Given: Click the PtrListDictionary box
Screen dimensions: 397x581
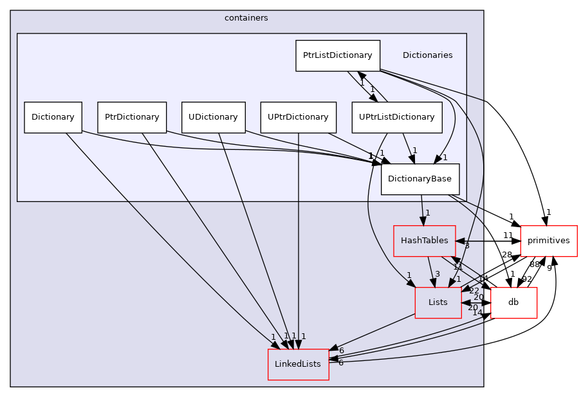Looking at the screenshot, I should (338, 55).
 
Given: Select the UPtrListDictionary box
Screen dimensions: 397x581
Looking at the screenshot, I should (396, 117).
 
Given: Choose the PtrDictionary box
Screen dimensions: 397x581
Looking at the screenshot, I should (132, 117).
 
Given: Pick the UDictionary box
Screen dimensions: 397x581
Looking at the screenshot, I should (213, 117).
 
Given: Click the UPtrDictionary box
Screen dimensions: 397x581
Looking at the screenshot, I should (298, 117).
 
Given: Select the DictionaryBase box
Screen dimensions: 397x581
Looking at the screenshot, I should (420, 178).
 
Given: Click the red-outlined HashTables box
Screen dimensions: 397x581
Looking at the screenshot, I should (424, 241).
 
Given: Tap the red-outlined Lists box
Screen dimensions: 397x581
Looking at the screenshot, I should (438, 302).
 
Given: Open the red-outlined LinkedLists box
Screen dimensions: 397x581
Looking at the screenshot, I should (298, 364).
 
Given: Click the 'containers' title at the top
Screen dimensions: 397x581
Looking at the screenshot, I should (246, 18).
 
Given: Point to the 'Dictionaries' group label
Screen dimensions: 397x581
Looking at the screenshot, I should (427, 55).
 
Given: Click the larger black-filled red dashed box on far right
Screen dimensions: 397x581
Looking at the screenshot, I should (548, 241).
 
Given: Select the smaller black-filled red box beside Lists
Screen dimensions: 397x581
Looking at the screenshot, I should (513, 303).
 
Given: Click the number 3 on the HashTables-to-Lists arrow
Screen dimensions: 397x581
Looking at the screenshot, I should (437, 275).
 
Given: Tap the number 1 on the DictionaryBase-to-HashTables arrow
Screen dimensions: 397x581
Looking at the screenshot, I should (427, 213).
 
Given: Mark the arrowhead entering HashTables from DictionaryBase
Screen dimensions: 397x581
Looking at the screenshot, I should (423, 221).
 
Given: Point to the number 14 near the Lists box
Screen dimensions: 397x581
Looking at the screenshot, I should (477, 313).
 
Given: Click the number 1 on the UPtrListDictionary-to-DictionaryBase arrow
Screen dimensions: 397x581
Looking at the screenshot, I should (414, 151).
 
